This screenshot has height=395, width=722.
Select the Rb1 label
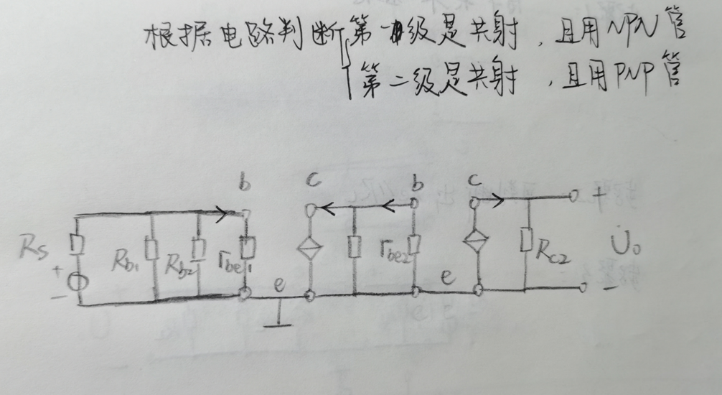tap(128, 255)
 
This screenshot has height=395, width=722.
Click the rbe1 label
tap(230, 256)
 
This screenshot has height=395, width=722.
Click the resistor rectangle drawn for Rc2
tap(528, 239)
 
